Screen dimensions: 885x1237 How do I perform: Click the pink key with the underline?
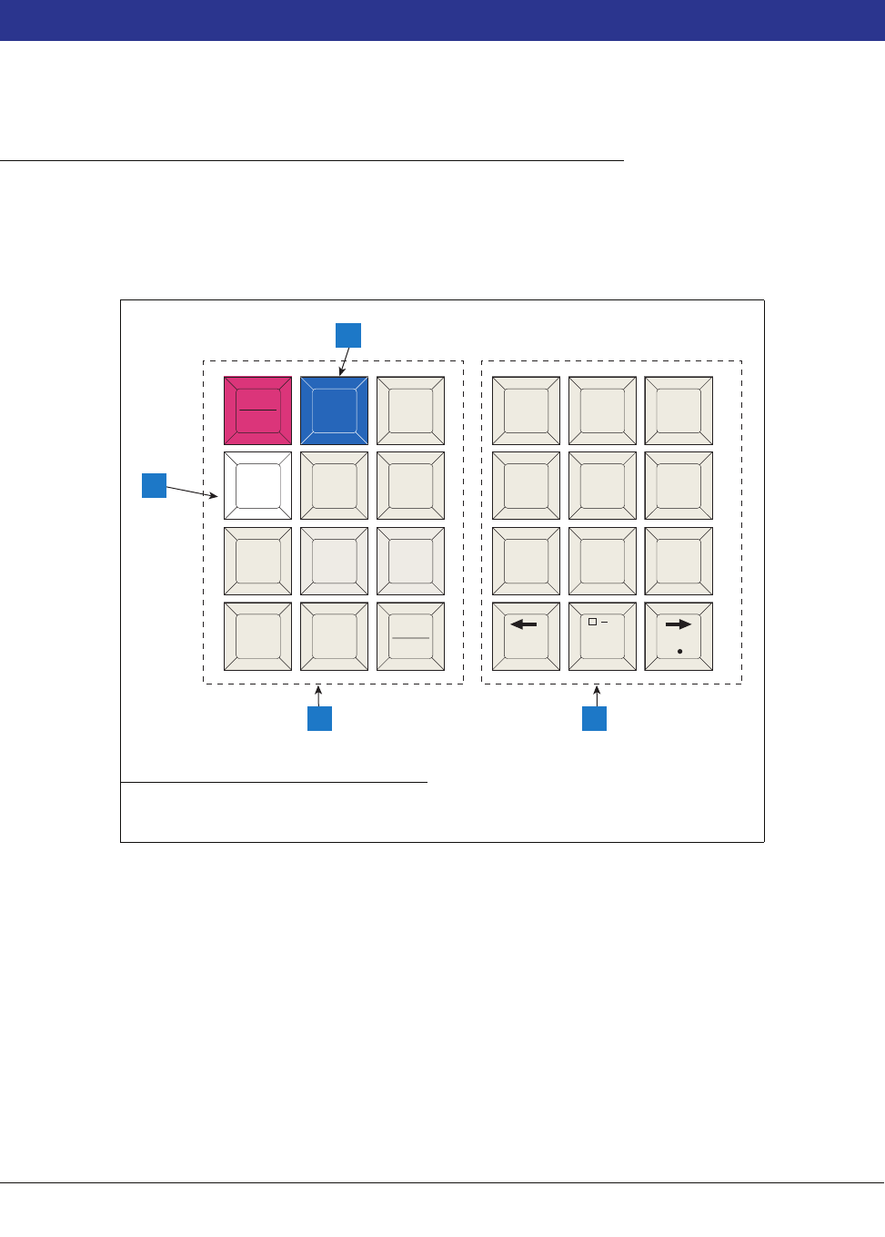coord(258,411)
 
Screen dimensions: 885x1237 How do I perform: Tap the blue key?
coord(335,411)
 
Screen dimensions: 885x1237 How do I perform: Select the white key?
coord(258,486)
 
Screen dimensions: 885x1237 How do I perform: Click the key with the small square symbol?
coord(602,636)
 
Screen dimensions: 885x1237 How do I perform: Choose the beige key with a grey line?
coord(410,636)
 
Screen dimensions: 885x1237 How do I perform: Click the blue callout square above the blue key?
coord(348,335)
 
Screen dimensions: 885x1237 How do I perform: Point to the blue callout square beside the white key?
coord(155,485)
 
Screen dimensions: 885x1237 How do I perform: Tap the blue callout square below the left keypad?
coord(319,718)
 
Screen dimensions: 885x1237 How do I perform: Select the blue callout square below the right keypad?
coord(594,718)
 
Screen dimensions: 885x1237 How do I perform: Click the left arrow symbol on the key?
coord(523,624)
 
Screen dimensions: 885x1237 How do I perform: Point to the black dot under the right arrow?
coord(679,652)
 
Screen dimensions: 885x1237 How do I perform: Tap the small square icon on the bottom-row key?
coord(592,622)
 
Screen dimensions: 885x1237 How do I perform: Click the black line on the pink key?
coord(258,411)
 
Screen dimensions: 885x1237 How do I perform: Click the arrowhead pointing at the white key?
coord(214,496)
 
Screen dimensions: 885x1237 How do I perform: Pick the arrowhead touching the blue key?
coord(341,372)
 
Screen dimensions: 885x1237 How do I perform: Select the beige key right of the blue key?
coord(410,411)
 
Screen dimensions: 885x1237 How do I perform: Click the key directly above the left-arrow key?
coord(526,561)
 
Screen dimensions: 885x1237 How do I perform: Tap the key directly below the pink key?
coord(258,486)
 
